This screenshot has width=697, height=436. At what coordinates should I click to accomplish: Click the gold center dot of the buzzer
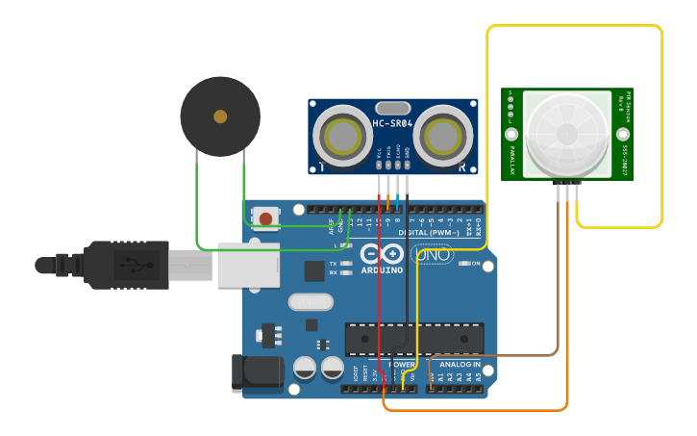(x=220, y=116)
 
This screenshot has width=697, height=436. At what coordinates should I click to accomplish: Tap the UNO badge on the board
(x=432, y=255)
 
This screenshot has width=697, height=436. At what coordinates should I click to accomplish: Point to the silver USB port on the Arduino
(x=248, y=265)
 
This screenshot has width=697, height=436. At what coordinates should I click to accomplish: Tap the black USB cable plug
(x=125, y=265)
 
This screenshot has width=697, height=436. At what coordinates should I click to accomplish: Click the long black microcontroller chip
(x=413, y=339)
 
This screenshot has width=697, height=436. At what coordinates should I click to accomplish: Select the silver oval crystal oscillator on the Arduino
(x=310, y=302)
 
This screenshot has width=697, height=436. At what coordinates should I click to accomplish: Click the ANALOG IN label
(x=460, y=365)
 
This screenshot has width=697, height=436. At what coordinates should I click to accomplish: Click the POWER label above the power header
(x=402, y=365)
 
